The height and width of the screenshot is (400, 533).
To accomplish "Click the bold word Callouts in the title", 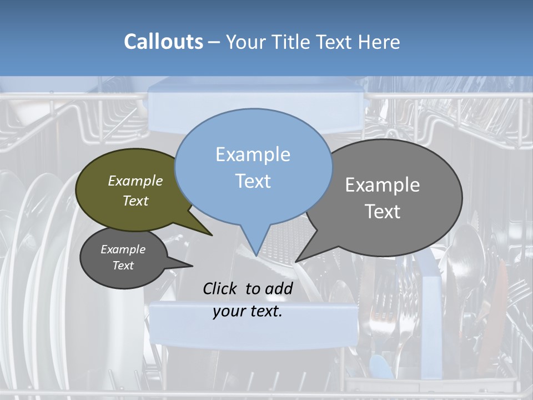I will point(163,42).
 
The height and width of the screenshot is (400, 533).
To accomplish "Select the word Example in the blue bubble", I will point(253,154).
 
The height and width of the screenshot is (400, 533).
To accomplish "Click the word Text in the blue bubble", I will point(253,181).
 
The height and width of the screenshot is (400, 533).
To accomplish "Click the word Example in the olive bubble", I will point(135,181).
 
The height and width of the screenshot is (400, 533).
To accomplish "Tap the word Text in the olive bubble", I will point(135,201).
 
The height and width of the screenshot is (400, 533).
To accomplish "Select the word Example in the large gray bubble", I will point(383,185).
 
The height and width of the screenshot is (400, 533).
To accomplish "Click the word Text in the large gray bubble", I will point(383,212).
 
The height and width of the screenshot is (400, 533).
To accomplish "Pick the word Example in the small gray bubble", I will point(123,249).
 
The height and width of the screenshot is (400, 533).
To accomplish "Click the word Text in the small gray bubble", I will point(123,266).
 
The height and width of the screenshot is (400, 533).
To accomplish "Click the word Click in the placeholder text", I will point(221,288).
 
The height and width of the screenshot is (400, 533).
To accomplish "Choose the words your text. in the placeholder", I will point(248,312).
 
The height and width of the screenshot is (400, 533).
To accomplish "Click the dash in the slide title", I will point(214,42).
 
